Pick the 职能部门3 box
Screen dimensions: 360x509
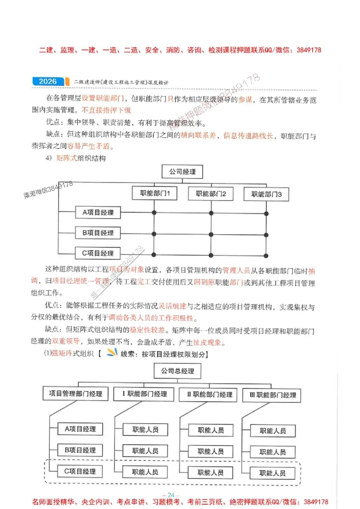266,195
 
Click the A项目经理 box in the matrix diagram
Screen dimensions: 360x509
98,212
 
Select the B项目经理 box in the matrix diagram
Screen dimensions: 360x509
98,233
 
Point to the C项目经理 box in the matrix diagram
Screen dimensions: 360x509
98,253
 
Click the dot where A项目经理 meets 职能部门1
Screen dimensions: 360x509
154,213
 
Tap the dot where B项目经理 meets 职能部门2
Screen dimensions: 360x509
211,234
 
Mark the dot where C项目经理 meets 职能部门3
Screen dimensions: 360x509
266,254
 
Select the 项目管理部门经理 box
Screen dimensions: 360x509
76,394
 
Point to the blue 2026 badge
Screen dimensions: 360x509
48,81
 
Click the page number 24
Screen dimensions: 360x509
171,495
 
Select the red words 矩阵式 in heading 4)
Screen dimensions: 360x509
67,158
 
